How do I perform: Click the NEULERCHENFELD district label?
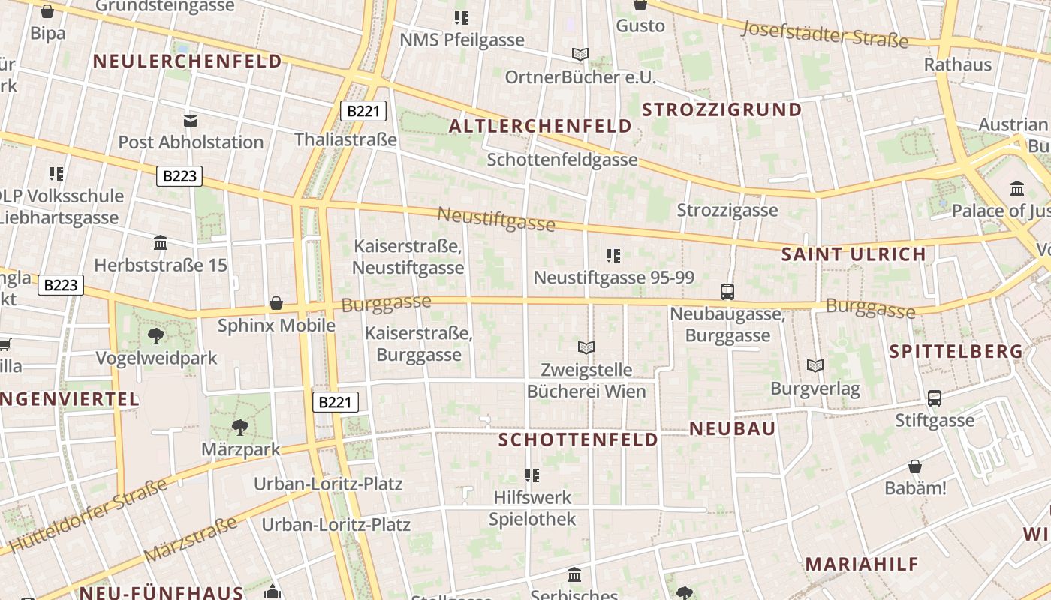coord(187,61)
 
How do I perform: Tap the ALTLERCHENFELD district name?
coord(541,126)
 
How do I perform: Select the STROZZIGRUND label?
coord(722,109)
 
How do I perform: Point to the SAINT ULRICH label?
coord(854,253)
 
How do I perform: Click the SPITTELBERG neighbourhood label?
coord(956,351)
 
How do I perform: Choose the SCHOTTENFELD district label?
coord(579,439)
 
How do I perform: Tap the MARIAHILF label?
coord(862,564)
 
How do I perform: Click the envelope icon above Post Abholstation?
coord(191,120)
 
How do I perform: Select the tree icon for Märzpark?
coord(240,427)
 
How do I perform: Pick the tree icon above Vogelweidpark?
coord(156,335)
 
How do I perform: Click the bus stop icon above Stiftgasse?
coord(935,398)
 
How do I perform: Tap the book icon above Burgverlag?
coord(815,366)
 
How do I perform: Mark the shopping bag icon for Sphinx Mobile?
coord(276,303)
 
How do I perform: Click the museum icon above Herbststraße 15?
coord(161,243)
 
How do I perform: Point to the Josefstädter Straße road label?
coord(824,33)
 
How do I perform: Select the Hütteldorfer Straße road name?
coord(89,517)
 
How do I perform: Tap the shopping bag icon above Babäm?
coord(915,466)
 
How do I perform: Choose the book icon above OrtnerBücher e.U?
coord(580,54)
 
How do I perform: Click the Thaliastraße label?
coord(345,139)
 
